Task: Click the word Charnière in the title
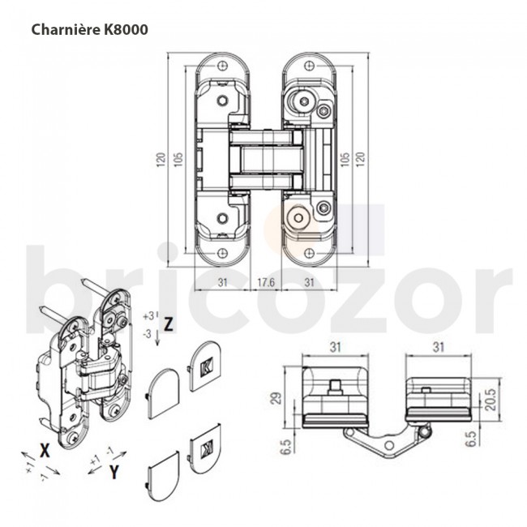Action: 63,28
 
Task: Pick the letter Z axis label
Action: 168,323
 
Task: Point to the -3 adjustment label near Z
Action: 147,332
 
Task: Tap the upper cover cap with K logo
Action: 204,365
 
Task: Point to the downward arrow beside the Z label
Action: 156,337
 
